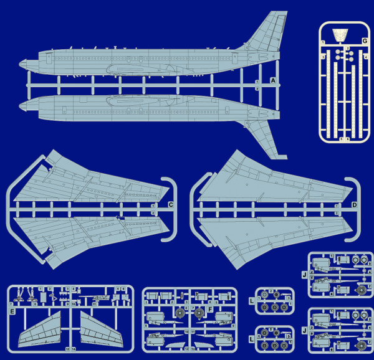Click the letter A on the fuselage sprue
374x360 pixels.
point(273,81)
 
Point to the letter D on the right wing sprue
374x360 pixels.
point(354,205)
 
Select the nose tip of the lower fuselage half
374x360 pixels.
point(23,104)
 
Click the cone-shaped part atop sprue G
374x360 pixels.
point(340,34)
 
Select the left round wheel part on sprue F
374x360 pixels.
point(180,312)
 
